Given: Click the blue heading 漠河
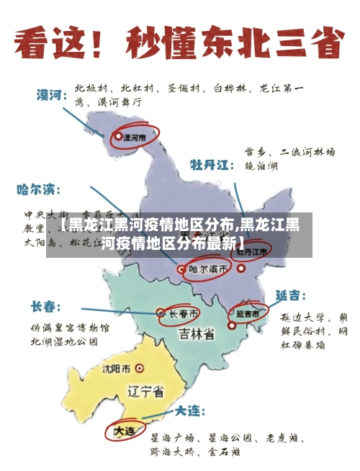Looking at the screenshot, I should click(x=53, y=94).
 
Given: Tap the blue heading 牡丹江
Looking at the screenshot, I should click(x=211, y=164).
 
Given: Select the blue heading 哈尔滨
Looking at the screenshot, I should click(x=35, y=190).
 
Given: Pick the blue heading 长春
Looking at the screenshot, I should click(x=45, y=306).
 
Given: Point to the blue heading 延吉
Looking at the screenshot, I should click(x=291, y=296).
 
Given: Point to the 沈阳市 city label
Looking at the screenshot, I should click(x=117, y=369).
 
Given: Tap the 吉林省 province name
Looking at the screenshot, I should click(x=196, y=334).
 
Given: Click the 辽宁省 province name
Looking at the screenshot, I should click(x=145, y=392).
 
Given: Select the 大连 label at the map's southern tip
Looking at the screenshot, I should click(x=125, y=431).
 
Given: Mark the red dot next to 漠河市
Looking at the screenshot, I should click(x=118, y=135).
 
